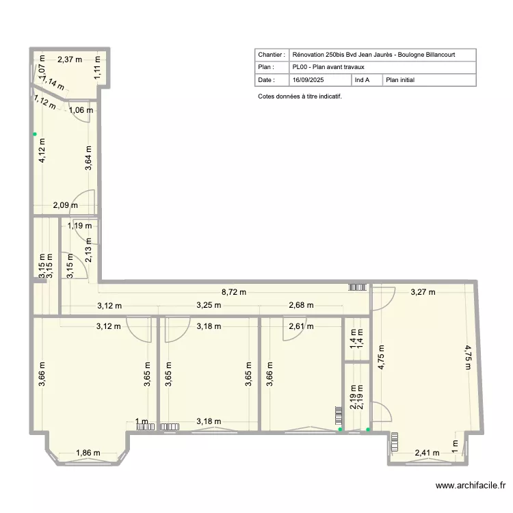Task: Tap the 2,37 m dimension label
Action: (x=69, y=60)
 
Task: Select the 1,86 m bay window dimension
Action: (x=88, y=453)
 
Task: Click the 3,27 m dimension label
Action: (x=422, y=292)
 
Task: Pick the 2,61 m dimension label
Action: (x=301, y=326)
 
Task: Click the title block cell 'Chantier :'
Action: (x=271, y=55)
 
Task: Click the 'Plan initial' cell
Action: (x=400, y=80)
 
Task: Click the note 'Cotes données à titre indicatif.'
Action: (x=300, y=96)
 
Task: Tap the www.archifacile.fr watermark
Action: (x=470, y=486)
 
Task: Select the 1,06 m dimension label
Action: (x=81, y=109)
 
